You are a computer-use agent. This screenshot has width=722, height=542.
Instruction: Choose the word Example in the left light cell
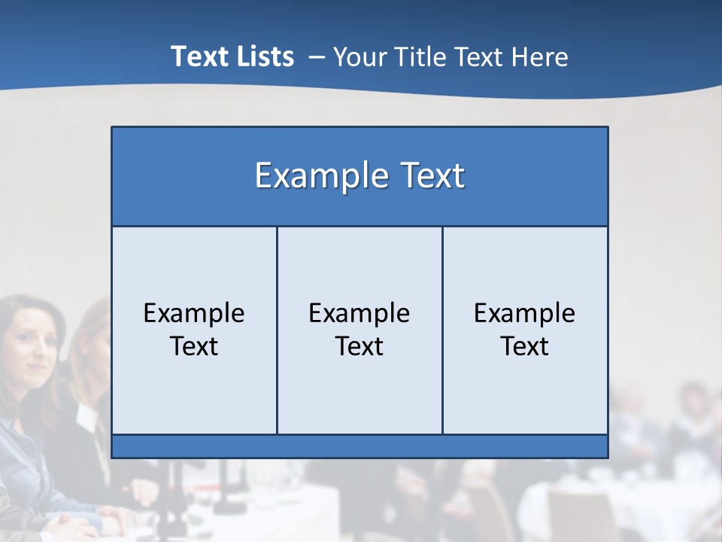coord(194,313)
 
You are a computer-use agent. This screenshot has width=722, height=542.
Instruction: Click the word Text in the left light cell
coord(194,346)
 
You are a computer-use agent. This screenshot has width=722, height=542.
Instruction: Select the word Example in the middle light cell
coord(359,313)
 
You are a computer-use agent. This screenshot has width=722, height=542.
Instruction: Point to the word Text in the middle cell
coord(359,346)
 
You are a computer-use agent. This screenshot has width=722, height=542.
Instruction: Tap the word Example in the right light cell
coord(524,313)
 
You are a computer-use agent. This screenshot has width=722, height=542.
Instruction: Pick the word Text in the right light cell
coord(524,346)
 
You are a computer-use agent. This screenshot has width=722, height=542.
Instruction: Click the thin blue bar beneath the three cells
coord(359,446)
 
